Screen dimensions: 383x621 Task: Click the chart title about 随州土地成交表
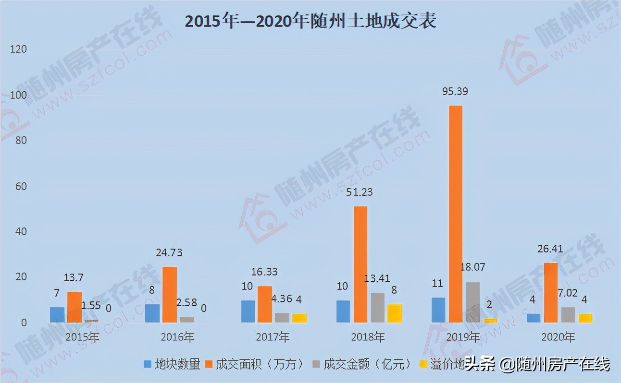(310, 21)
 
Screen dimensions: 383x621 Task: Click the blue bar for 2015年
(57, 314)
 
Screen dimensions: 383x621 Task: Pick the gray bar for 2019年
(473, 302)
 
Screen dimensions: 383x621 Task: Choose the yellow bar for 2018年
(395, 313)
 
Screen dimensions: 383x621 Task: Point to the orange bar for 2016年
(169, 294)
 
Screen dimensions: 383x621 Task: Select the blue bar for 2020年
(534, 318)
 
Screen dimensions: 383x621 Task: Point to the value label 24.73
(169, 253)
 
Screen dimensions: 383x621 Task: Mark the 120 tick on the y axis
(18, 49)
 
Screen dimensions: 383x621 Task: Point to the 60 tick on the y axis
(20, 186)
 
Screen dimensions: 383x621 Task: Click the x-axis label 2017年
(273, 337)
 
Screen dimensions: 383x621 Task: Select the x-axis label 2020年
(558, 337)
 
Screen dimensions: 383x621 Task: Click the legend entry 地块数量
(172, 364)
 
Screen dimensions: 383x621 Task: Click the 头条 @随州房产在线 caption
(537, 364)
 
